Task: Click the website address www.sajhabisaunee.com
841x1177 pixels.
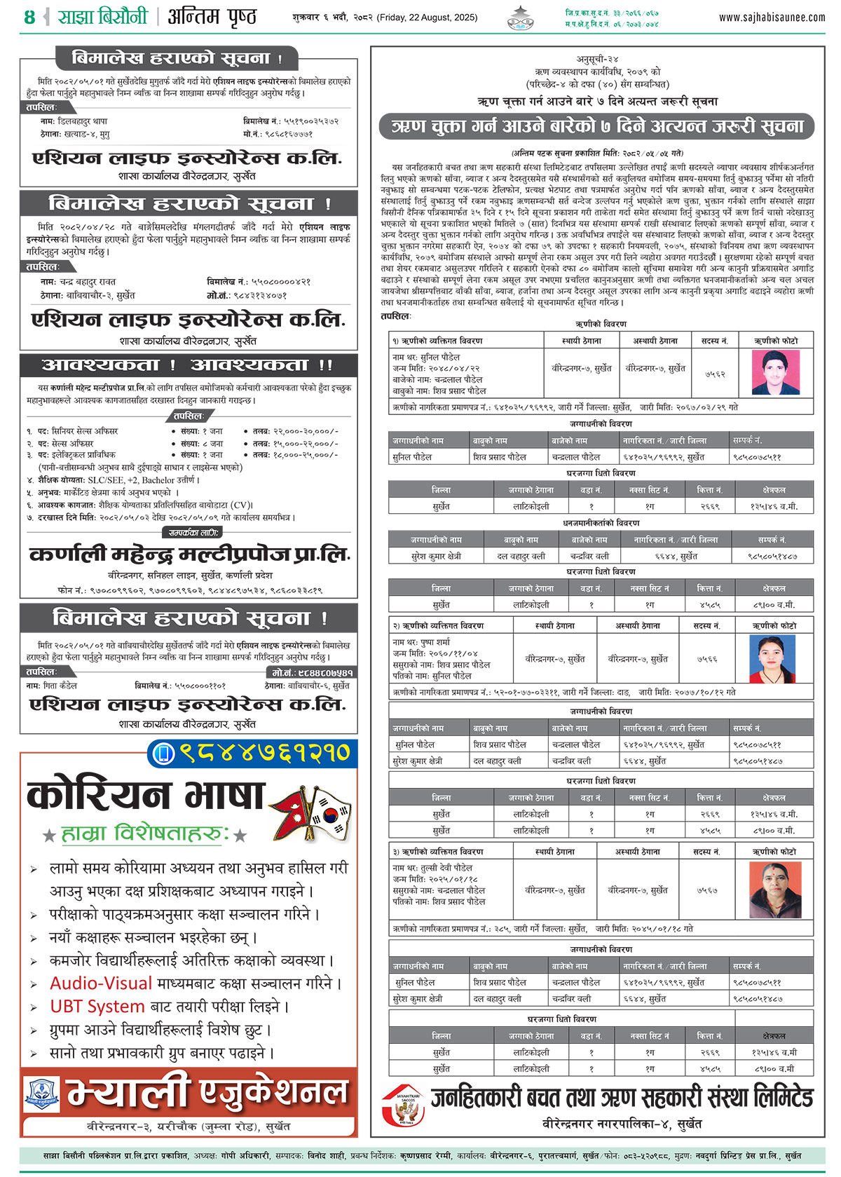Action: (772, 18)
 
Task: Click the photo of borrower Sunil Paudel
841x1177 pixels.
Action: (775, 372)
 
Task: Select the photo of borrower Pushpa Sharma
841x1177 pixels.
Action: (772, 658)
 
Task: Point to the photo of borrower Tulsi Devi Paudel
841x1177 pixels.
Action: (775, 889)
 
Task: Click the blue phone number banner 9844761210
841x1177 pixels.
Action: (252, 752)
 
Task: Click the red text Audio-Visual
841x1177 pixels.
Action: (101, 983)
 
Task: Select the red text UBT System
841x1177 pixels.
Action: (97, 1006)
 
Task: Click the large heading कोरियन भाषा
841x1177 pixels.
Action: (145, 796)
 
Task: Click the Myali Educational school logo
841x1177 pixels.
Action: (42, 1094)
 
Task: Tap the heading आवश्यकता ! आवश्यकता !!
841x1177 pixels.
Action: (188, 365)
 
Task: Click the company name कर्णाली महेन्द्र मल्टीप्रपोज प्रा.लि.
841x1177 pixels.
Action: (189, 555)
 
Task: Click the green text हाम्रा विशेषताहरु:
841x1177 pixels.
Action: (145, 833)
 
